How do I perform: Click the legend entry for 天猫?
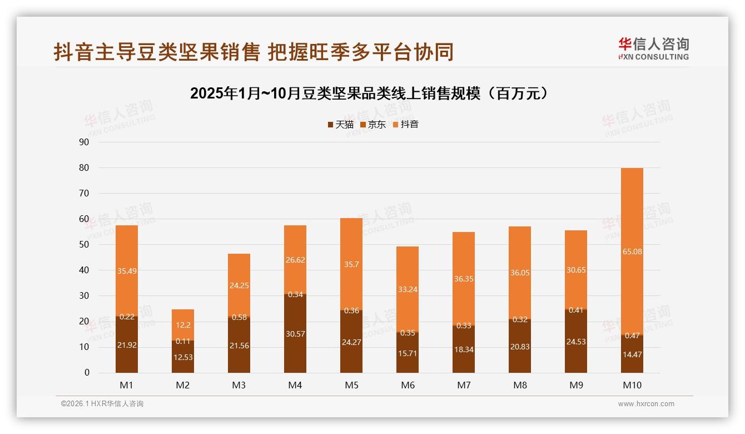tap(340, 124)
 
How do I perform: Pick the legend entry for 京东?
tap(372, 124)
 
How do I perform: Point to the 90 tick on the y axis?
tap(84, 142)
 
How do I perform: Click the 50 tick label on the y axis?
tap(84, 245)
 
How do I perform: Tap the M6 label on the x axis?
tap(408, 385)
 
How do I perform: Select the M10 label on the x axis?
tap(632, 385)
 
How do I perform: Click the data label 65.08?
tap(632, 251)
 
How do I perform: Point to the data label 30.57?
tap(295, 334)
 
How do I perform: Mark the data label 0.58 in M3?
tap(239, 317)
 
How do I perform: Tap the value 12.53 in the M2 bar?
tap(183, 357)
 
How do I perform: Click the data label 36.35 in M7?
tap(464, 279)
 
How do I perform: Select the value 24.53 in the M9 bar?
tap(576, 342)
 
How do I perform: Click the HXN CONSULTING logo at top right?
tap(653, 49)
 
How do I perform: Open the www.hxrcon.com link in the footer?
tap(646, 404)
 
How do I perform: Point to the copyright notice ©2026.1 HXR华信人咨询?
tap(102, 404)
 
